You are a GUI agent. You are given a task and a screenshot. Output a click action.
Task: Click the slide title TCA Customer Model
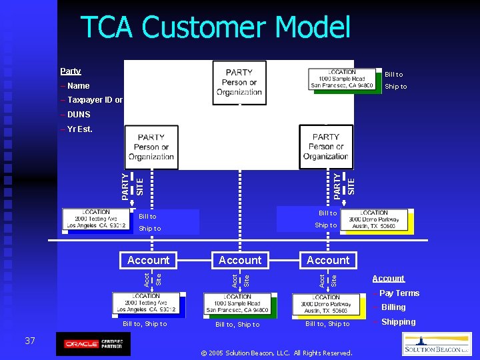tap(215, 29)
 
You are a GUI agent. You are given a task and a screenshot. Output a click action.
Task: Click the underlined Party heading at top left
tap(70, 71)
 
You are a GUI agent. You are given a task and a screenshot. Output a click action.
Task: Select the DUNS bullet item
tap(77, 115)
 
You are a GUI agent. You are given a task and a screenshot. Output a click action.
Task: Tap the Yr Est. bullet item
tap(77, 129)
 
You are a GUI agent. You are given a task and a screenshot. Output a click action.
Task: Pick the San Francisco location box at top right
tap(342, 79)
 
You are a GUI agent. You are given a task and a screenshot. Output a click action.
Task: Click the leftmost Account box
tap(149, 260)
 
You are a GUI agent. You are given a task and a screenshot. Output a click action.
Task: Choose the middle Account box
tap(240, 260)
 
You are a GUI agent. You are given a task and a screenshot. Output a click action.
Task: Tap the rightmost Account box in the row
tap(328, 260)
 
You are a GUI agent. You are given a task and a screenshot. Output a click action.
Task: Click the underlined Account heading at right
tap(388, 279)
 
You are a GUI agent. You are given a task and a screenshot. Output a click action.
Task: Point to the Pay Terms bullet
tap(399, 293)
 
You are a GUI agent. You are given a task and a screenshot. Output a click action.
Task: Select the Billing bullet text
tap(393, 307)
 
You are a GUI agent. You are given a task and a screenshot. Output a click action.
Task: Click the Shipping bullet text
tap(398, 322)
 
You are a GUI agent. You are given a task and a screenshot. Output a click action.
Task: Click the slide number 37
tap(30, 341)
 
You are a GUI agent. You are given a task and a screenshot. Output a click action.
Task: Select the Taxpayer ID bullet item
tap(92, 100)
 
